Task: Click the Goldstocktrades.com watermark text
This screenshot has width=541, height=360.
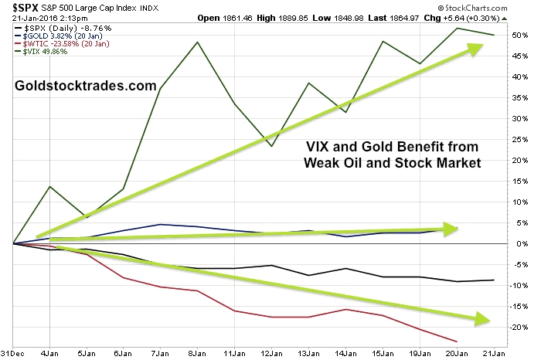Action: pos(86,86)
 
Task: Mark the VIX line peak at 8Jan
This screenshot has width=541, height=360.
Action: pos(199,42)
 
